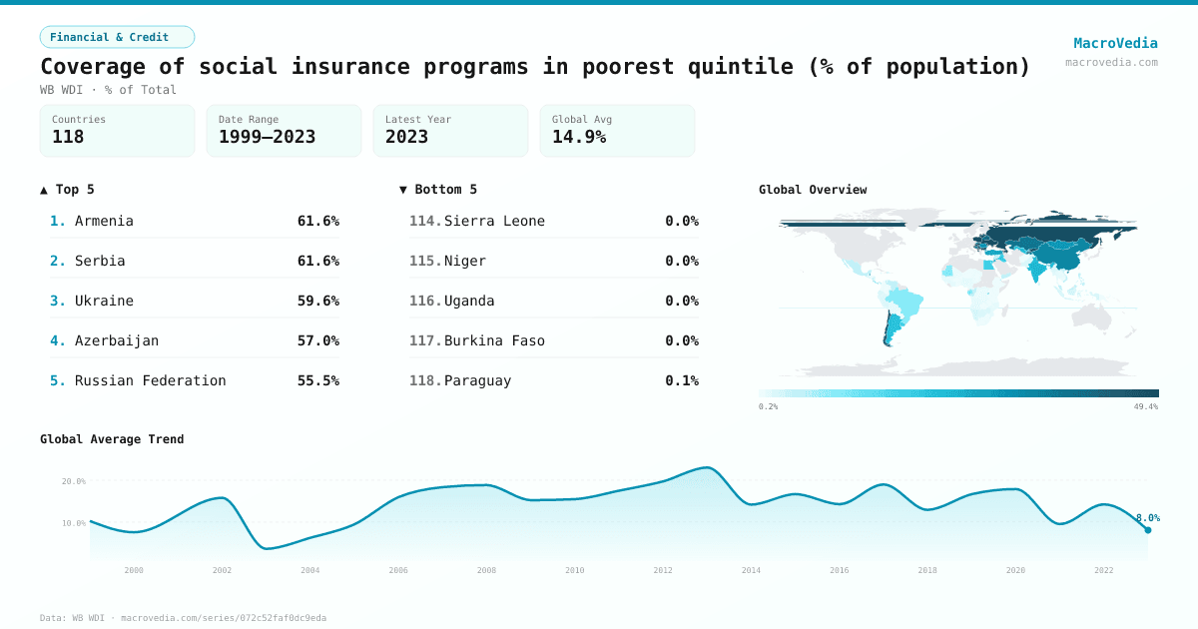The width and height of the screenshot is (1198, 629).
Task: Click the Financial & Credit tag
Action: [117, 37]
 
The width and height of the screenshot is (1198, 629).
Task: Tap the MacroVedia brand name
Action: [1115, 43]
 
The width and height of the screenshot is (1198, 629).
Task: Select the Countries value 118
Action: [68, 138]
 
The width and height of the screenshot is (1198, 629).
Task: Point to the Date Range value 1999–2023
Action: [267, 138]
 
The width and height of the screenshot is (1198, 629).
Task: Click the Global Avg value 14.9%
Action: [579, 138]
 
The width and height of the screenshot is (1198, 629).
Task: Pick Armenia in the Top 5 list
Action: [104, 221]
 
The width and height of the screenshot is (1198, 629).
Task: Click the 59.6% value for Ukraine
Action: [318, 301]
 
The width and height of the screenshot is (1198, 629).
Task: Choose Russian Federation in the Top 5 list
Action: [151, 380]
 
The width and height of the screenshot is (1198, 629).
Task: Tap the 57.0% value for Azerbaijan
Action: [318, 340]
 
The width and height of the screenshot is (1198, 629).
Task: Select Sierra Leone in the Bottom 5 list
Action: [494, 221]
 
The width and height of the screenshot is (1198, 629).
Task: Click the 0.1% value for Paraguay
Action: [682, 380]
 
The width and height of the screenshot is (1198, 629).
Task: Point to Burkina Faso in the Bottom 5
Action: [494, 340]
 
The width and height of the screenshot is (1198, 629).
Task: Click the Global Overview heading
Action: [813, 190]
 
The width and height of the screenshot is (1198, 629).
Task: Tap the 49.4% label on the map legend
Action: [1145, 407]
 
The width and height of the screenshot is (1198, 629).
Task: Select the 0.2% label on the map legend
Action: [769, 407]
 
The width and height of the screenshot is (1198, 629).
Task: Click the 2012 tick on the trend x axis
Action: [663, 570]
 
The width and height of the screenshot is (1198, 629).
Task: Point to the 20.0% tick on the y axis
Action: [74, 481]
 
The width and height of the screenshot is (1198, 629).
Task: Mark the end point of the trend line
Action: [1148, 530]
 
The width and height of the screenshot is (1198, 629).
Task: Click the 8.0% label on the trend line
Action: [1148, 518]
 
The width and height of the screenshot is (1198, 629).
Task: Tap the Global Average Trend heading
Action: [112, 439]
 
